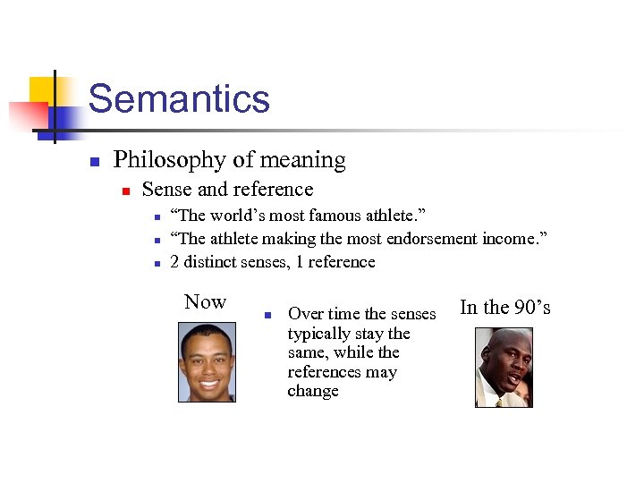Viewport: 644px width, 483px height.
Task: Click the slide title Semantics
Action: point(179,98)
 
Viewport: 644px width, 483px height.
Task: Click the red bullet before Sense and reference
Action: point(127,191)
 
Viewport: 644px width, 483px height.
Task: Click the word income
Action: point(514,239)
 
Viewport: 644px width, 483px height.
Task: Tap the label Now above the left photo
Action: point(205,302)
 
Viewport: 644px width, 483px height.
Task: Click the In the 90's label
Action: point(504,308)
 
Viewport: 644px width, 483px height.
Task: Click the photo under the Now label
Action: point(207,362)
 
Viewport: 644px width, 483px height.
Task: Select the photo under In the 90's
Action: point(503,368)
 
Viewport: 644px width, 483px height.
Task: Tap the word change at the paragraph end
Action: point(313,391)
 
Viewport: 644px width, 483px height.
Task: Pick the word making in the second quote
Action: point(292,239)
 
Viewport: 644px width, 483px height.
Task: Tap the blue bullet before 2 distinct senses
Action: point(156,263)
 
